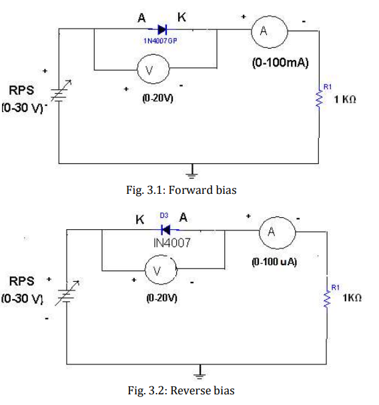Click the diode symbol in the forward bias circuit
pyautogui.click(x=162, y=29)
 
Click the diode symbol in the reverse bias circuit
pyautogui.click(x=166, y=230)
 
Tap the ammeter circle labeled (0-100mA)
pyautogui.click(x=270, y=32)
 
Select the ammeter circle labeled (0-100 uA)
pyautogui.click(x=277, y=232)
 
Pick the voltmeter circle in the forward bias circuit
pyautogui.click(x=153, y=69)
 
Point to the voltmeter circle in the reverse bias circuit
pyautogui.click(x=161, y=270)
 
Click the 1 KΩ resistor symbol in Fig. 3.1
pyautogui.click(x=319, y=99)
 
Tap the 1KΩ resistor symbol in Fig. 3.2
pyautogui.click(x=327, y=299)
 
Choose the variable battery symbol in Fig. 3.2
pyautogui.click(x=68, y=293)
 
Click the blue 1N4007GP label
pyautogui.click(x=160, y=41)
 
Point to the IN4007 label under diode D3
pyautogui.click(x=171, y=243)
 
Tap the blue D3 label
pyautogui.click(x=164, y=215)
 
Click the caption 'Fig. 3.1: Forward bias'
pyautogui.click(x=181, y=190)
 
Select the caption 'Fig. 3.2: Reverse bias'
pyautogui.click(x=181, y=390)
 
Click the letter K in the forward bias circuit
pyautogui.click(x=181, y=17)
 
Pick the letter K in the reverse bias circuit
pyautogui.click(x=139, y=220)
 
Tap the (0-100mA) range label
pyautogui.click(x=280, y=63)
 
